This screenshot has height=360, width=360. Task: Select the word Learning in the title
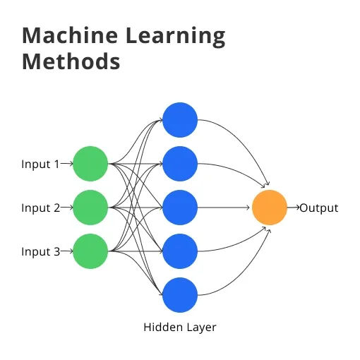176,37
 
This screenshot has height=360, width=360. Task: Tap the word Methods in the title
71,62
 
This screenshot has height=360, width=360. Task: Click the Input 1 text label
40,164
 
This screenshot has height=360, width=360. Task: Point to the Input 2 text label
40,208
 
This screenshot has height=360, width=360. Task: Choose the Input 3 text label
40,252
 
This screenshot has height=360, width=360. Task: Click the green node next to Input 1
90,164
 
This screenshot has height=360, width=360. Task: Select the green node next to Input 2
90,208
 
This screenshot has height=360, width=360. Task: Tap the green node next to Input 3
90,252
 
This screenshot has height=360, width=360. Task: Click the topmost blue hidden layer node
180,120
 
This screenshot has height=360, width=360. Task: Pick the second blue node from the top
180,164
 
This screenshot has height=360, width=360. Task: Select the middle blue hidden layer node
180,208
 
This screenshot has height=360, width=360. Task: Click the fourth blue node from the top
180,252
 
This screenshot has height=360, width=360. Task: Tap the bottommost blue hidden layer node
180,296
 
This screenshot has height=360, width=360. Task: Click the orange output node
270,208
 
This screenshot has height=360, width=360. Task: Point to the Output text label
319,208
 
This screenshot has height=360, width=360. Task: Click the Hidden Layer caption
180,328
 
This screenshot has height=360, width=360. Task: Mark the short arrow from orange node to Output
293,208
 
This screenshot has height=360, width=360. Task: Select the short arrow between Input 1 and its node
66,164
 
